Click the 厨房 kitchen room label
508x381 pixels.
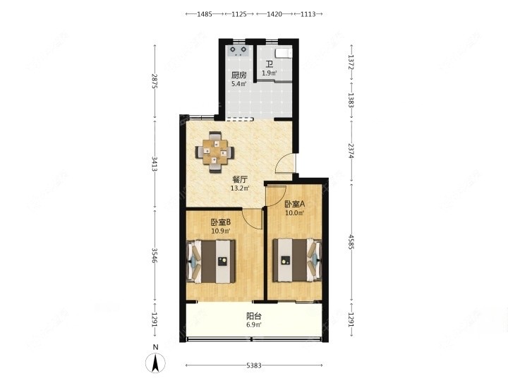pos(238,75)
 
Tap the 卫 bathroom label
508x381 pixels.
pos(270,64)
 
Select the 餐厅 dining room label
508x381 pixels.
pos(240,179)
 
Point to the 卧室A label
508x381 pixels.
pos(295,204)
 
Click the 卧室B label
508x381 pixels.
pos(221,222)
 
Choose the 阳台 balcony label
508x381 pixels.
pos(254,316)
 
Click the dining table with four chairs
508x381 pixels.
pos(214,152)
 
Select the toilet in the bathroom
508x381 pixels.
pos(284,52)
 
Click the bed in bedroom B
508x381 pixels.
pos(211,261)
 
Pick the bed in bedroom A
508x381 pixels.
pos(297,260)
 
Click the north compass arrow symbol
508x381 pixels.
pos(155,363)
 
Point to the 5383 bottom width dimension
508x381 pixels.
pos(254,365)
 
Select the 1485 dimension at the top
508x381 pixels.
pos(205,14)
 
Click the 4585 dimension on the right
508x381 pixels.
pos(351,242)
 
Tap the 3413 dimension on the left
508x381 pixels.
pos(155,164)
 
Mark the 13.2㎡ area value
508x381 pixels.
pos(240,188)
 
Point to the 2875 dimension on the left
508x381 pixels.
pos(155,82)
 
